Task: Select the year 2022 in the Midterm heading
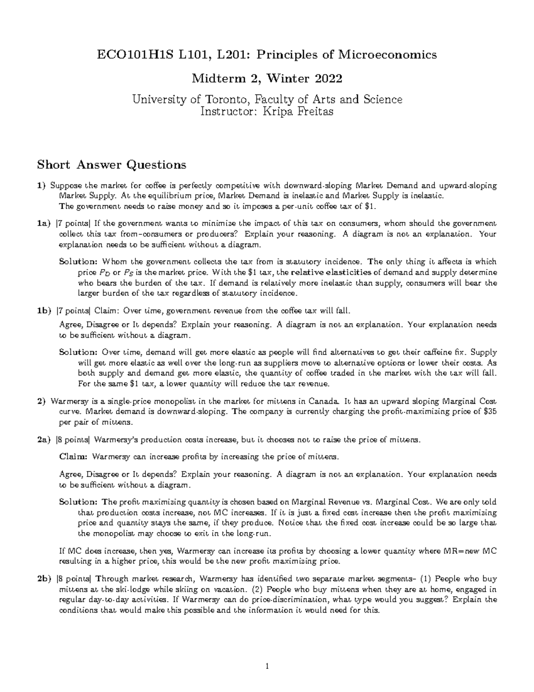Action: (327, 79)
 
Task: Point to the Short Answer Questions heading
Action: (112, 165)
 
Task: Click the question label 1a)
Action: (44, 224)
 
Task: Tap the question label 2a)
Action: (44, 440)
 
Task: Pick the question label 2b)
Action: (44, 579)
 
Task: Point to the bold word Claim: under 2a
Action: (74, 457)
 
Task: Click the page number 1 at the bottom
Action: (267, 667)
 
